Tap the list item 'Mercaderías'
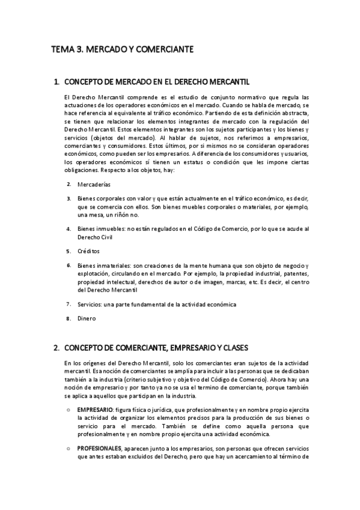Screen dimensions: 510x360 coord(94,185)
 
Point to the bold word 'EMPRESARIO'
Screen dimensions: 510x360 coord(96,410)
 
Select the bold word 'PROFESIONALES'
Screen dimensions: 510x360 coord(100,448)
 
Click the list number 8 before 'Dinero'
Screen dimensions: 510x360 coord(69,319)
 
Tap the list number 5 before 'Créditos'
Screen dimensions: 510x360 coord(69,251)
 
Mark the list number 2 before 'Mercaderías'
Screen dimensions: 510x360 coord(69,184)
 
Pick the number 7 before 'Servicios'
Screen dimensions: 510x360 coord(69,304)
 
